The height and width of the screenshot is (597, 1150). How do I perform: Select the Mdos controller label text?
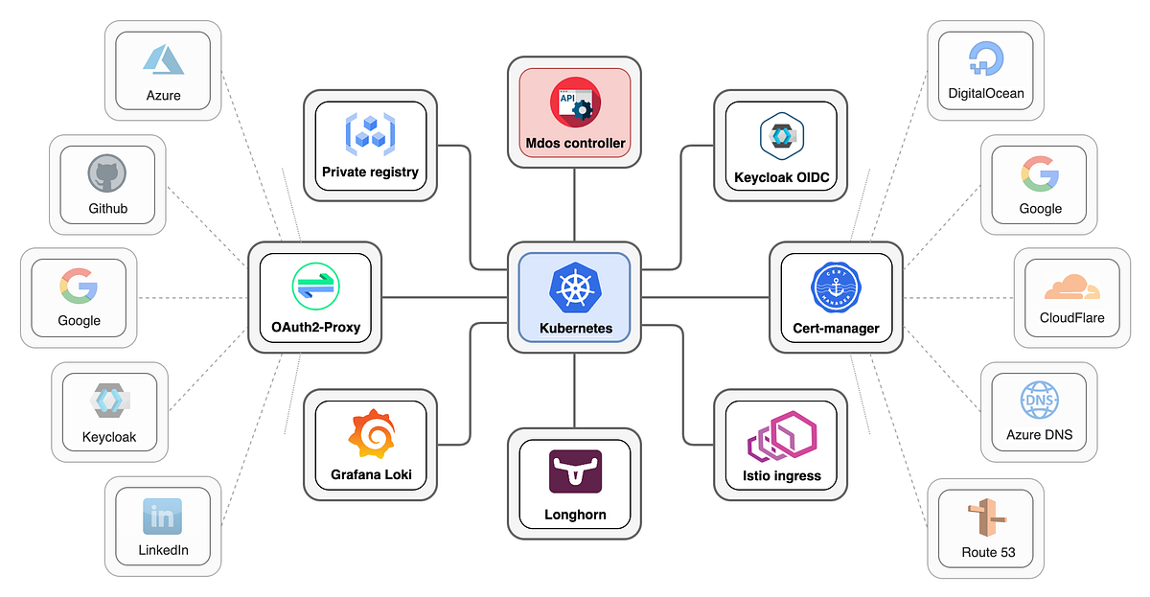pyautogui.click(x=575, y=144)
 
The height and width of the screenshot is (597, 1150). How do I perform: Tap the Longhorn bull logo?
pyautogui.click(x=575, y=471)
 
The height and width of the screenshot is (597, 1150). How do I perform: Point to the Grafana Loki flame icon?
pyautogui.click(x=371, y=436)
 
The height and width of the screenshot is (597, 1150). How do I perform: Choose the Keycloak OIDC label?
pyautogui.click(x=780, y=177)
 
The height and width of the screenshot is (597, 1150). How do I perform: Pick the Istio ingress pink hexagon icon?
pyautogui.click(x=780, y=438)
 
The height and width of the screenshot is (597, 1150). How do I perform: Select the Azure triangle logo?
pyautogui.click(x=163, y=58)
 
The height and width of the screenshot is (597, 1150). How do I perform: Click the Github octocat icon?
pyautogui.click(x=107, y=174)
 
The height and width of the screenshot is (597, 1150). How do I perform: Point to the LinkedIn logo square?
pyautogui.click(x=162, y=517)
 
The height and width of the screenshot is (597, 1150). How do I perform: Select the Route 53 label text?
pyautogui.click(x=987, y=553)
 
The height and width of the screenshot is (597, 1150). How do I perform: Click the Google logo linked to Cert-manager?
pyautogui.click(x=1040, y=173)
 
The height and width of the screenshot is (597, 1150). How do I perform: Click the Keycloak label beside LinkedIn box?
pyautogui.click(x=109, y=437)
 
